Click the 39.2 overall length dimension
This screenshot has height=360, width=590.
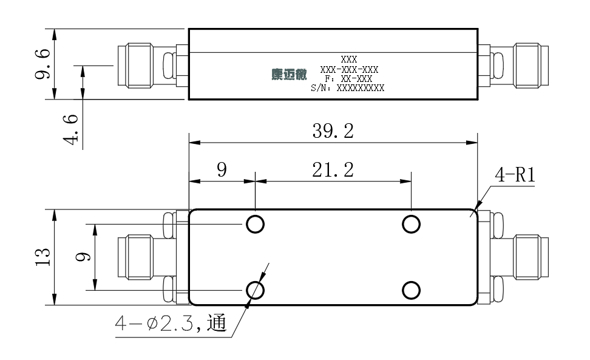pyautogui.click(x=333, y=131)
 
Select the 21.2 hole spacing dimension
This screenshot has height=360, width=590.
pyautogui.click(x=333, y=170)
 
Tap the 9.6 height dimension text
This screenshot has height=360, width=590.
pyautogui.click(x=42, y=63)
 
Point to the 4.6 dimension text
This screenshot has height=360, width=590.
pyautogui.click(x=70, y=129)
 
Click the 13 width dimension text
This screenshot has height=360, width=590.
pyautogui.click(x=43, y=257)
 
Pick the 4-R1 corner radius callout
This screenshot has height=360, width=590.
pyautogui.click(x=515, y=175)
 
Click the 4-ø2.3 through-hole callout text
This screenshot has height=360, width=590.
pyautogui.click(x=171, y=324)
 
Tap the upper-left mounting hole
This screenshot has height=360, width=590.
pyautogui.click(x=255, y=225)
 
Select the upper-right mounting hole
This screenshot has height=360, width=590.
pyautogui.click(x=411, y=225)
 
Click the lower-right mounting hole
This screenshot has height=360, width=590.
pyautogui.click(x=411, y=290)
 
